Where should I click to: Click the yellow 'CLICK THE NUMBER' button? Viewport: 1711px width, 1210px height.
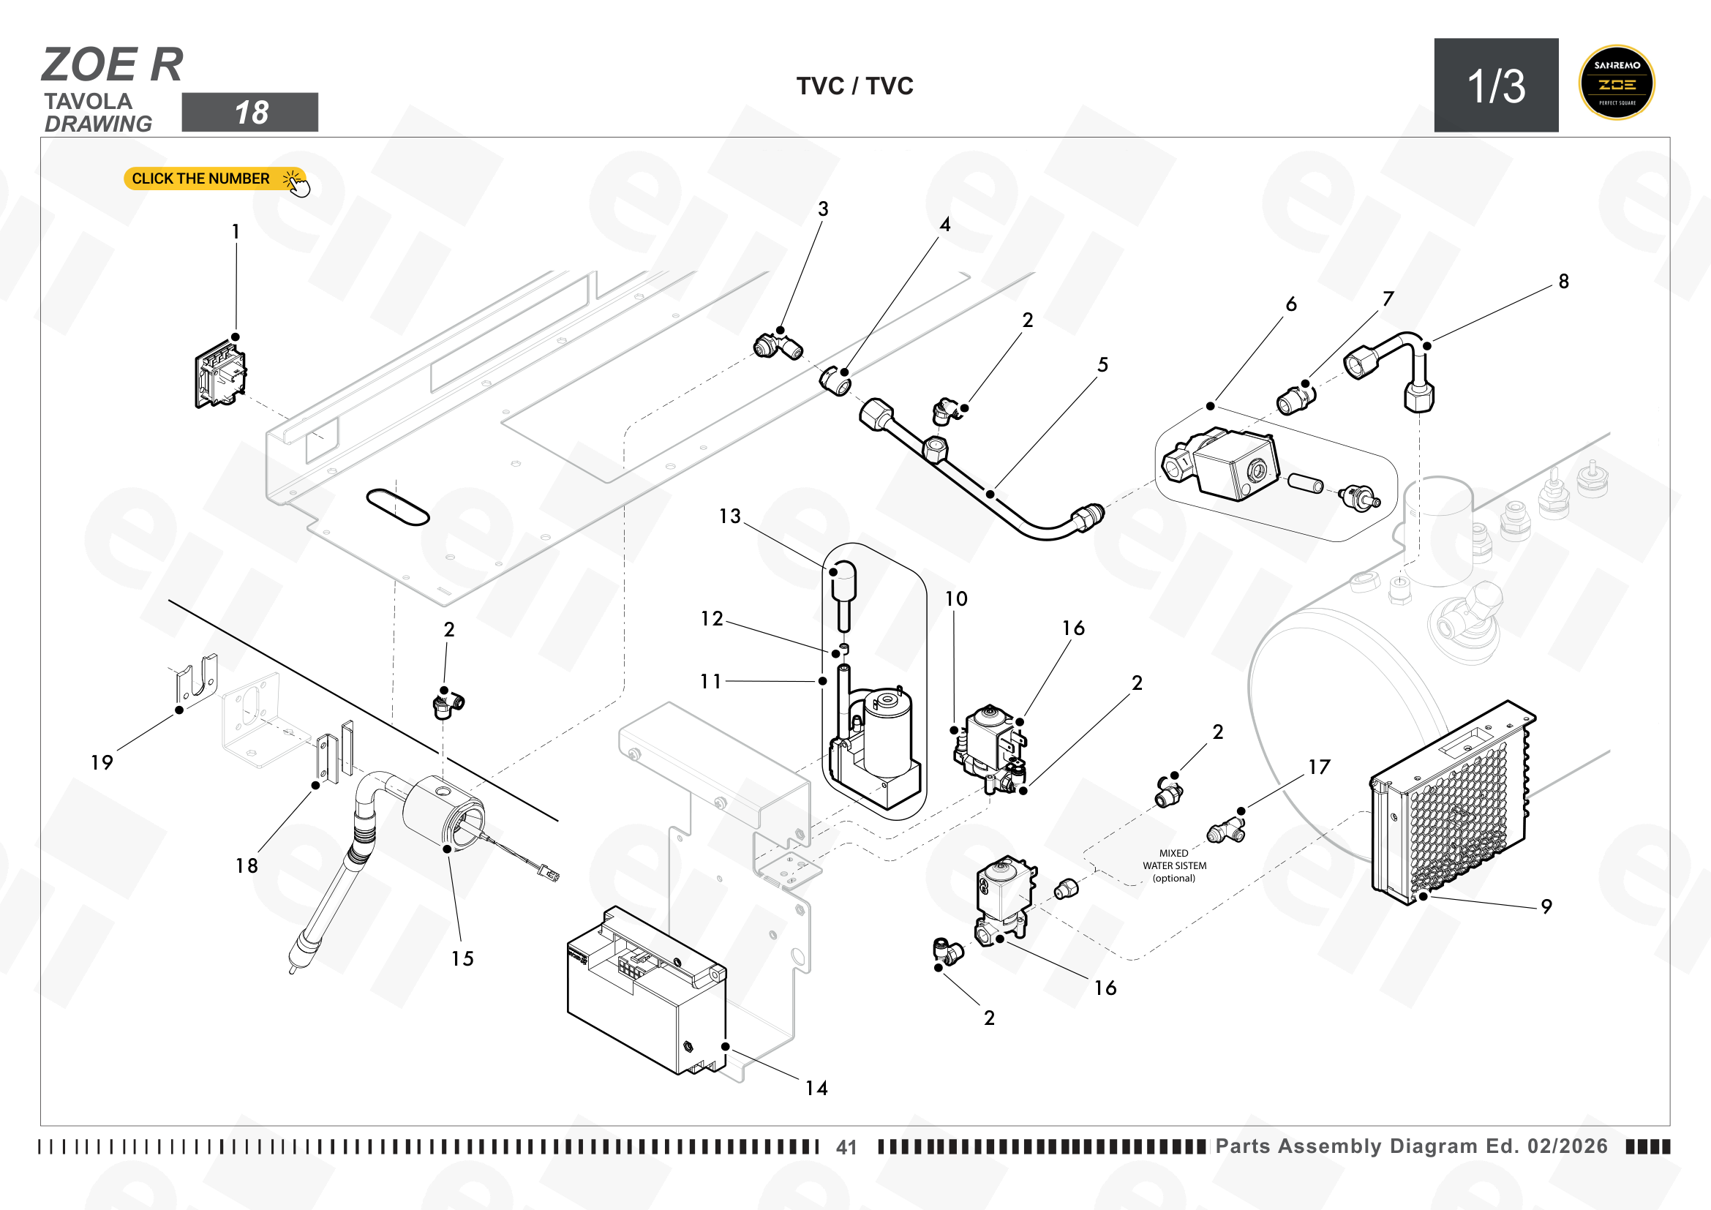point(214,179)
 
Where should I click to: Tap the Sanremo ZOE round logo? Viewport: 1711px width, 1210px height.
point(1617,83)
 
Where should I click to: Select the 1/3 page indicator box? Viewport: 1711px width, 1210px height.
point(1496,85)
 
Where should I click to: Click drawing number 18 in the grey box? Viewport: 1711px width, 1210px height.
point(250,113)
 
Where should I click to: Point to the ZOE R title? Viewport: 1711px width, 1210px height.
point(113,64)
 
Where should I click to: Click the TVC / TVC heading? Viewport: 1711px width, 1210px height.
point(854,86)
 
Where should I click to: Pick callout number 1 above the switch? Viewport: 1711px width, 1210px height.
point(236,232)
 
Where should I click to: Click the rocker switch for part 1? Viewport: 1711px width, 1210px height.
point(221,374)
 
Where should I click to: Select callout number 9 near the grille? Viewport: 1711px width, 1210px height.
point(1546,906)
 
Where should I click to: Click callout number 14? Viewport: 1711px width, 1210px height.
point(816,1089)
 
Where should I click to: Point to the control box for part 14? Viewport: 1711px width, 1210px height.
point(646,991)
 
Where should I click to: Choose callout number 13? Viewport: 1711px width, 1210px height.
point(729,516)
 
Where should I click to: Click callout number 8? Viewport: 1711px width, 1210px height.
point(1563,282)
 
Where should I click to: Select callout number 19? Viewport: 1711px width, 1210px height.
point(102,763)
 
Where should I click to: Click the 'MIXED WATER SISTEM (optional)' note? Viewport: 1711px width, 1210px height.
point(1175,865)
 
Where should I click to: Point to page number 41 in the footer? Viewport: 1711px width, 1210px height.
point(846,1147)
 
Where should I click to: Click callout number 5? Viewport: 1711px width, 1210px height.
point(1103,365)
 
